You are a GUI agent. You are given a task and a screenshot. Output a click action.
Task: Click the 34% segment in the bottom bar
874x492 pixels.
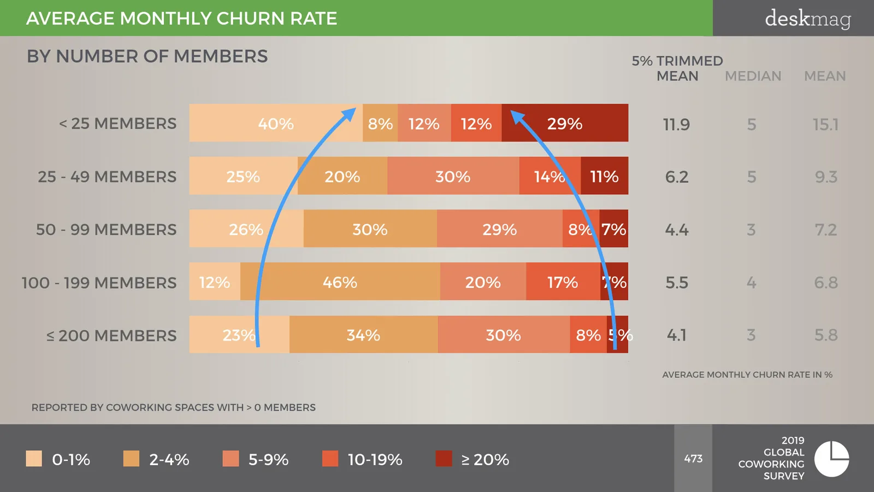364,334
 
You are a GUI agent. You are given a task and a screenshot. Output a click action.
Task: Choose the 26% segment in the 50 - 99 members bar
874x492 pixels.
246,229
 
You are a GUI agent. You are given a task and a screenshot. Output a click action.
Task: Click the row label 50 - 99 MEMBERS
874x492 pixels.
106,230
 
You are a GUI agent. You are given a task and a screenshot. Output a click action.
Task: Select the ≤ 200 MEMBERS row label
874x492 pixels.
111,336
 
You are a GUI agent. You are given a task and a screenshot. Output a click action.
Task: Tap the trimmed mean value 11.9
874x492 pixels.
677,125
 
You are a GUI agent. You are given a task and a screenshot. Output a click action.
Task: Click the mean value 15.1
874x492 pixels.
825,125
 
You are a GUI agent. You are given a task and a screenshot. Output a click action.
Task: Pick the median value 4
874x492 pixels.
752,283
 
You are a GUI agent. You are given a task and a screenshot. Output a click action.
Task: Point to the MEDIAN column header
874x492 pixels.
753,76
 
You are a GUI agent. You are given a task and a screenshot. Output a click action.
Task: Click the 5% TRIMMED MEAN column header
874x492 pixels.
677,68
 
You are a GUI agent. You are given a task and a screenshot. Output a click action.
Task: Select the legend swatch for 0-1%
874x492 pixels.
34,459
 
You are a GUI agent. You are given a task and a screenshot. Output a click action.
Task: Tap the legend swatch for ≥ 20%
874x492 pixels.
444,459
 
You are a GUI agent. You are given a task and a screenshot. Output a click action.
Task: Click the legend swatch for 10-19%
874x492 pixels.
330,459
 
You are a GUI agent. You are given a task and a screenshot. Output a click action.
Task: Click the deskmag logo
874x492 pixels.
808,19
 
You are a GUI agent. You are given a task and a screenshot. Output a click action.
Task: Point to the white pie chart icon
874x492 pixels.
831,459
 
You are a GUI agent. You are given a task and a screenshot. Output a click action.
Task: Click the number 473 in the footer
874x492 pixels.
693,459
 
